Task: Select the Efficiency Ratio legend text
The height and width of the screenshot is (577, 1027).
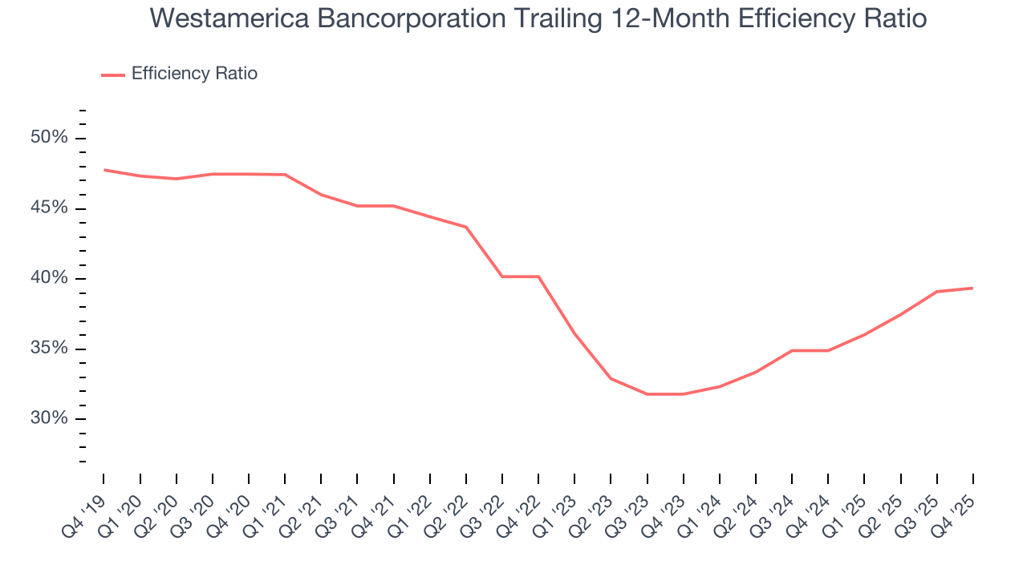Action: (194, 74)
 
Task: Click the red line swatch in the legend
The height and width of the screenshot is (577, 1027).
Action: (113, 75)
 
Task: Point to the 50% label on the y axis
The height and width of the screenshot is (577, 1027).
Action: (49, 138)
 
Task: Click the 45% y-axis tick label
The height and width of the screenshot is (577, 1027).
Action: (49, 208)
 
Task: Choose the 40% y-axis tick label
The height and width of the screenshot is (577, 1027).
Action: (49, 278)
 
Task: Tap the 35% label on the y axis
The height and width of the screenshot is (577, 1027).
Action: (49, 349)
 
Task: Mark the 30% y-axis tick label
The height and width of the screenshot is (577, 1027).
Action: (49, 418)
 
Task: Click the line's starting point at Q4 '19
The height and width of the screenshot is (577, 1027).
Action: (104, 170)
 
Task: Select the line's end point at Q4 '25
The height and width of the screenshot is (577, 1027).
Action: (972, 288)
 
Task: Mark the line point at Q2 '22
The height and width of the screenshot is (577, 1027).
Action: (466, 227)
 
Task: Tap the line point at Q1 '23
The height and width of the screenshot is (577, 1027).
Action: (574, 333)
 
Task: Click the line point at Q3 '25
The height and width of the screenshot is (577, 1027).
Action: (936, 292)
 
